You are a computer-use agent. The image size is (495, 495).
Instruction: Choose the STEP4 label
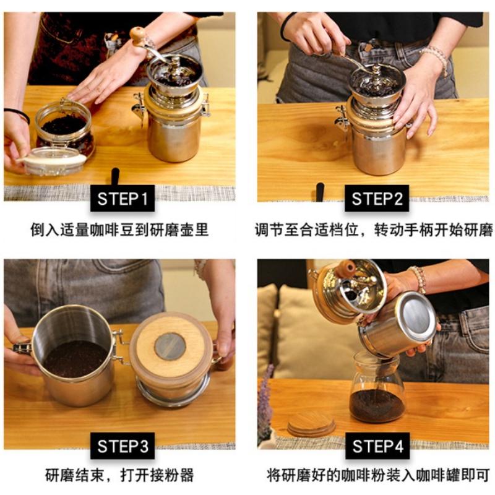pos(377,445)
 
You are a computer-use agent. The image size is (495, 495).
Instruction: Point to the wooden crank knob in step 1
pos(137,34)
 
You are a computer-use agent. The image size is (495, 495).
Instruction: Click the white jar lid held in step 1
pos(53,163)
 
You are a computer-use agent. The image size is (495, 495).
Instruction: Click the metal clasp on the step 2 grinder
pos(342,118)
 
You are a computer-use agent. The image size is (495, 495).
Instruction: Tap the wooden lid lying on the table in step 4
pos(311,423)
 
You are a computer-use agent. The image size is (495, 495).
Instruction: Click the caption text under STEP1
pos(119,230)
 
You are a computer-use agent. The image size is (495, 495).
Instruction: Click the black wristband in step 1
pos(19,114)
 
